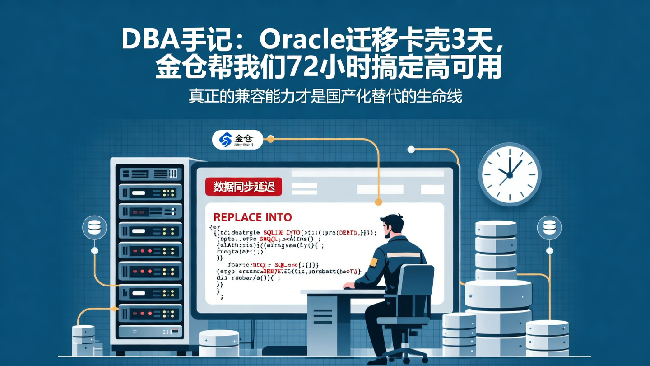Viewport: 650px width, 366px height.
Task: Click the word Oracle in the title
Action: (302, 40)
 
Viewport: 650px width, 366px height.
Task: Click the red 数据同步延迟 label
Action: (243, 187)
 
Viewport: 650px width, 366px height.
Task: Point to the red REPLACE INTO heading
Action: (252, 217)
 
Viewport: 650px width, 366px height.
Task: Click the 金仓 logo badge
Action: (237, 140)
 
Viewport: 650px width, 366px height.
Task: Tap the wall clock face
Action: (509, 174)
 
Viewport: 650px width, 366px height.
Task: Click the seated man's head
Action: (392, 225)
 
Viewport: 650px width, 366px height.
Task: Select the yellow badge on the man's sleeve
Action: (373, 262)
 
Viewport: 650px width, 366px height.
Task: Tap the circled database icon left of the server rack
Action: (95, 227)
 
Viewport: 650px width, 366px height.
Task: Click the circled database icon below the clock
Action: (549, 227)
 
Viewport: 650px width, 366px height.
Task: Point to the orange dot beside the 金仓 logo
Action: (270, 139)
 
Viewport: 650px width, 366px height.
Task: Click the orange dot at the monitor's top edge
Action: (378, 202)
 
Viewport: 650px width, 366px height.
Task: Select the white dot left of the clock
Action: (411, 150)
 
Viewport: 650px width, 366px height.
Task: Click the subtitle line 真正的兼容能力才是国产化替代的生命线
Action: (325, 96)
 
